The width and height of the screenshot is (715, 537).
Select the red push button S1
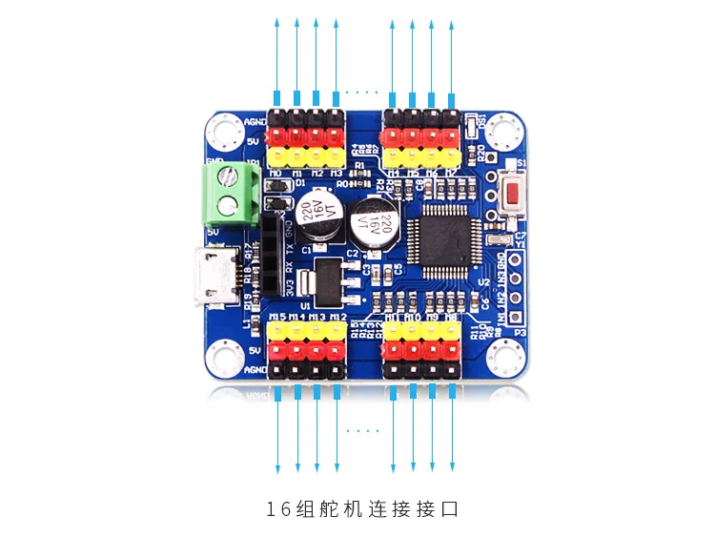coord(514,195)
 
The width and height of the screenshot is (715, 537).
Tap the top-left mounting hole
coord(227,130)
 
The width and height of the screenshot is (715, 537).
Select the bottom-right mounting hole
coord(506,357)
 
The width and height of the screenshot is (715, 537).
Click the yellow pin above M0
coord(277,155)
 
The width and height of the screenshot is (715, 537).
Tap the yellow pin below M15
coord(277,330)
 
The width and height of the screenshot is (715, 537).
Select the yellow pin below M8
coord(451,330)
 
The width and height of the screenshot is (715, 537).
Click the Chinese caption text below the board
coord(362,510)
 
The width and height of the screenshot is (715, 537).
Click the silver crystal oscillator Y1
coord(497,241)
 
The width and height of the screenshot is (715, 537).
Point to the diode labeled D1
coord(276,204)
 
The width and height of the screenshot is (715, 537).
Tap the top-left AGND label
coord(255,122)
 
